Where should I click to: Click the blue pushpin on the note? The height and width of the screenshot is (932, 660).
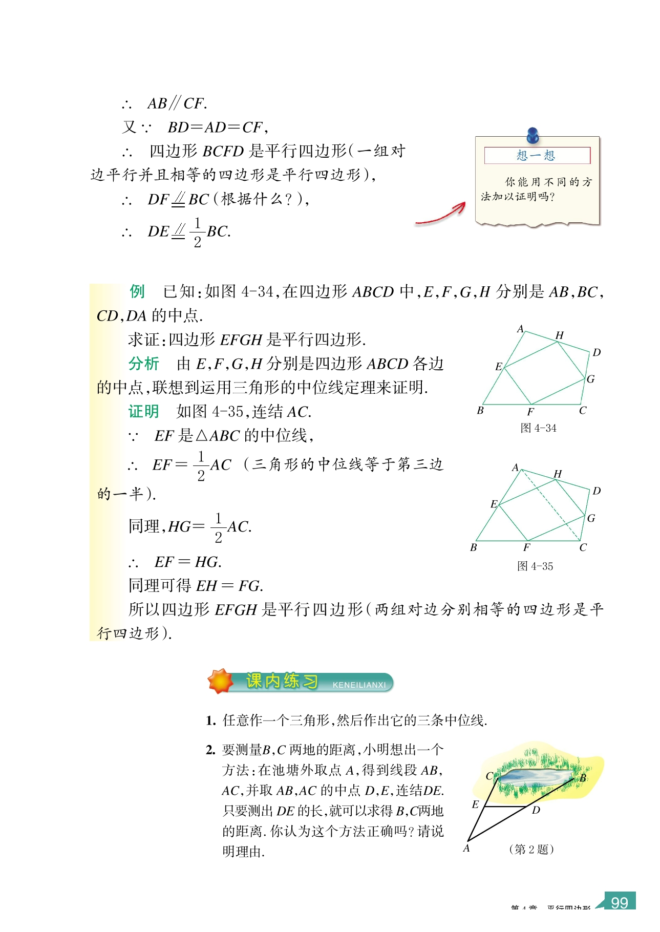click(x=533, y=135)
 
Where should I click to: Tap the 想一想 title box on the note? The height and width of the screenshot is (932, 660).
click(x=537, y=155)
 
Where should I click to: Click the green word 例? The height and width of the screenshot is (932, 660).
click(x=137, y=291)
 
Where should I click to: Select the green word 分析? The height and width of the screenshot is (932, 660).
click(x=143, y=364)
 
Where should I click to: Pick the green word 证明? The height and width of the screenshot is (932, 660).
click(x=143, y=411)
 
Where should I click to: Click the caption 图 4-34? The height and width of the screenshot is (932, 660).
click(x=538, y=428)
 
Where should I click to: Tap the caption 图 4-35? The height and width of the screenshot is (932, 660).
click(x=535, y=566)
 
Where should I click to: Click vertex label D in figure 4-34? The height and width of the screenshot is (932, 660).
click(x=597, y=352)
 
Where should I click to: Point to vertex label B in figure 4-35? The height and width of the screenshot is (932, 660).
click(x=474, y=547)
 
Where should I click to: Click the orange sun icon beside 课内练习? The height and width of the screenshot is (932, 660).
click(x=221, y=681)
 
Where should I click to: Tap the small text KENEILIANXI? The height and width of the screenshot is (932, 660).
click(x=359, y=685)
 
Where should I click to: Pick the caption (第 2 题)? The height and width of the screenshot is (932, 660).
click(x=531, y=849)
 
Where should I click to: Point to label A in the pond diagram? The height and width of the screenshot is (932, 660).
click(x=466, y=849)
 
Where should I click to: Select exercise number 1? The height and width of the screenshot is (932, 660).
click(x=210, y=721)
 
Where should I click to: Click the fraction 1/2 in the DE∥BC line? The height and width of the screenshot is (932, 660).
click(x=198, y=232)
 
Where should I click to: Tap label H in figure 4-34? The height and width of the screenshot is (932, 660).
click(x=560, y=335)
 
